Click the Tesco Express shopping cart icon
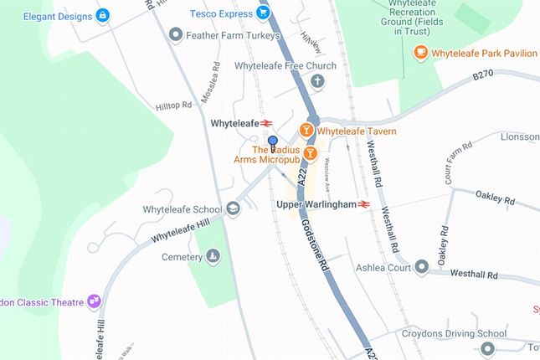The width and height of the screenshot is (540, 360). [x=263, y=13]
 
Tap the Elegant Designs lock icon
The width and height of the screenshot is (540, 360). [x=102, y=14]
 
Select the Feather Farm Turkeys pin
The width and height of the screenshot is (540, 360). [x=175, y=34]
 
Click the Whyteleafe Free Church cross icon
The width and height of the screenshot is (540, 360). [x=316, y=81]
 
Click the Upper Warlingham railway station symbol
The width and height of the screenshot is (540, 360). [x=363, y=203]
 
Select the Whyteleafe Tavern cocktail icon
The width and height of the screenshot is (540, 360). [x=307, y=131]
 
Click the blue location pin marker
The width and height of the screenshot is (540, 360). [x=272, y=141]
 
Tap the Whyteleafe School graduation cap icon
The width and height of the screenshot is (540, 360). [x=233, y=209]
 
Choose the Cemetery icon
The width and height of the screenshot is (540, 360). [x=213, y=256]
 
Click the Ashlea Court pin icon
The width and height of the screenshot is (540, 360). [x=421, y=267]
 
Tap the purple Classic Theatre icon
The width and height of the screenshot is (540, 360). [x=94, y=301]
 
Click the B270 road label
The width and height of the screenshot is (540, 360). [x=484, y=76]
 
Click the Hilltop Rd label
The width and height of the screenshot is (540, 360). [x=173, y=106]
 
